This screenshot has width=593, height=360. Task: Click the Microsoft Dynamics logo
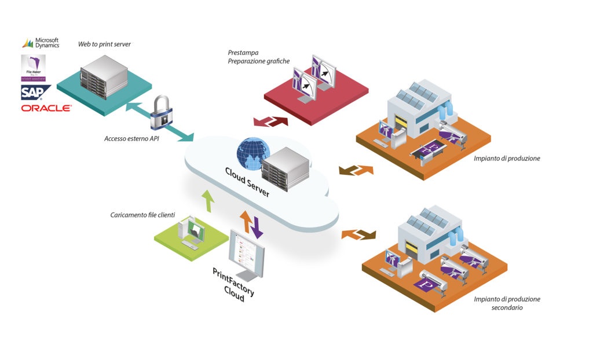[41, 43]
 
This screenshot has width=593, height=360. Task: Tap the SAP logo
[35, 93]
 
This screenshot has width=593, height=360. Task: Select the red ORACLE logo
[46, 108]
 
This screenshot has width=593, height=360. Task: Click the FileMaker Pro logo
[33, 68]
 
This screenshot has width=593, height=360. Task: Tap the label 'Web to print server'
[104, 45]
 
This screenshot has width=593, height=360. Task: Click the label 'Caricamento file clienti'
[142, 215]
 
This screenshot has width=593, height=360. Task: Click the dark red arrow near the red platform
[276, 120]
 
